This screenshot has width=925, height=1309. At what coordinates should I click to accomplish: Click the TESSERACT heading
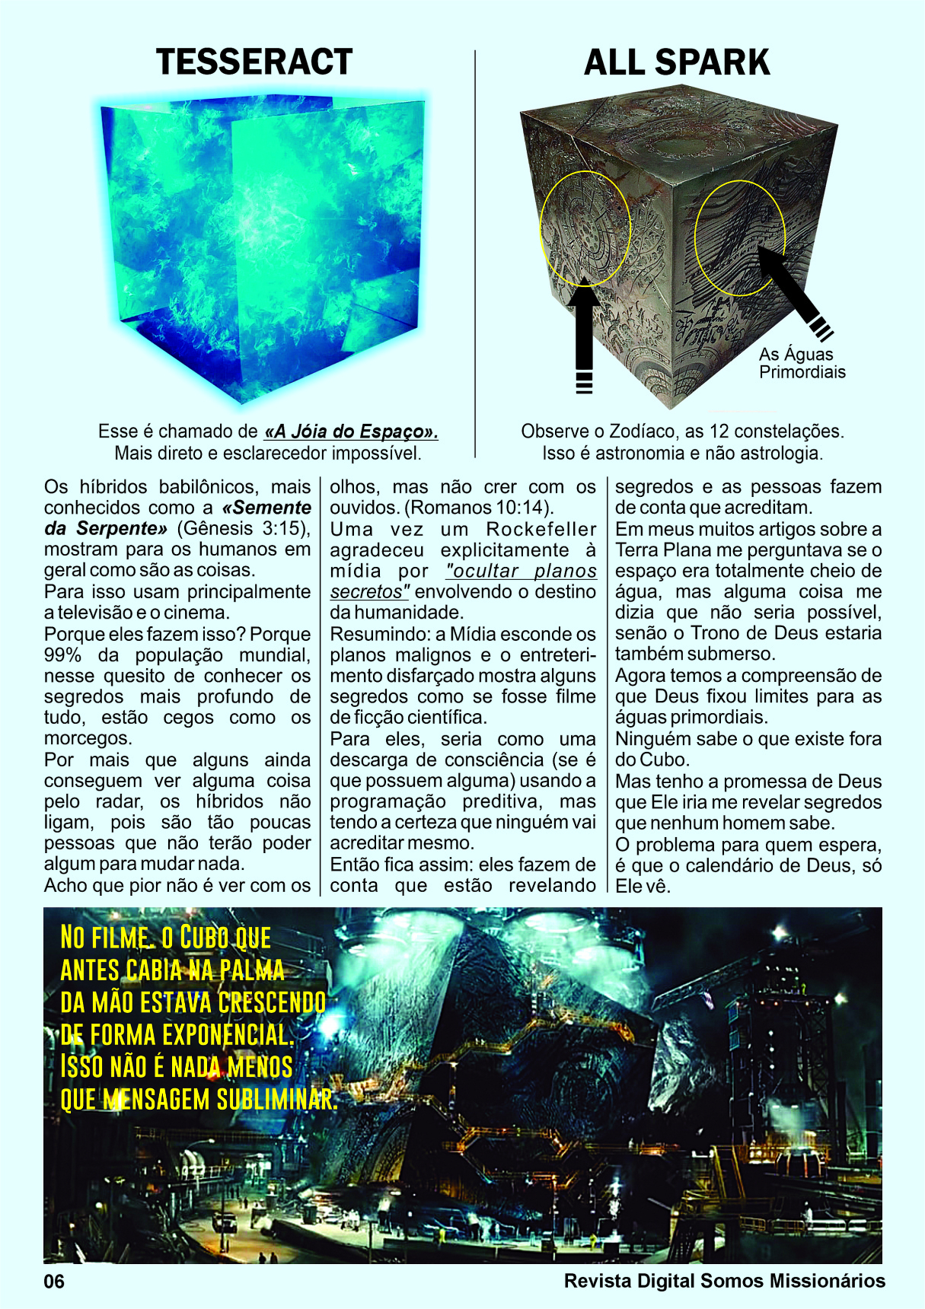[x=254, y=62]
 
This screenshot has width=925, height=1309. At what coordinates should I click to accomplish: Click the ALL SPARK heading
[x=677, y=62]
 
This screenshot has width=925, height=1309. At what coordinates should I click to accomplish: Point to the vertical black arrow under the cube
[x=584, y=335]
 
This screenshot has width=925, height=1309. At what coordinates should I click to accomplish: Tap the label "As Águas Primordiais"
[x=802, y=363]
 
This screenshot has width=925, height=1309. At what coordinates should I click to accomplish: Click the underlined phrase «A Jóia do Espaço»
[x=351, y=432]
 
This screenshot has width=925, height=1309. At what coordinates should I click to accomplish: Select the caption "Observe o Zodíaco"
[x=682, y=432]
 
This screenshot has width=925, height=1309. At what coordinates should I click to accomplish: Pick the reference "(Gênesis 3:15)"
[x=243, y=528]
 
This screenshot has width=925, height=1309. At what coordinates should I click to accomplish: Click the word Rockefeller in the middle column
[x=541, y=529]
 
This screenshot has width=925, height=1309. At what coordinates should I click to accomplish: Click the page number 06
[x=54, y=1281]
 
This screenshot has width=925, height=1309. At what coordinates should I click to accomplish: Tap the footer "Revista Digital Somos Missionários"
[x=724, y=1281]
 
